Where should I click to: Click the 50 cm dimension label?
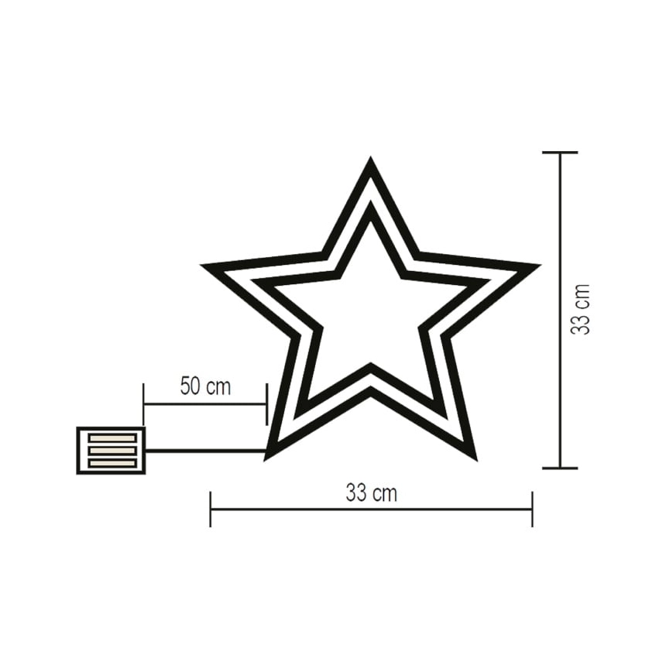tap(205, 386)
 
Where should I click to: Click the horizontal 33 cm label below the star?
tap(371, 493)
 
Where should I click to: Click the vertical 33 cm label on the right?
tap(581, 309)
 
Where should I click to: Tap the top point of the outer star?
tap(370, 163)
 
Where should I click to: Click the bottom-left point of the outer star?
tap(268, 455)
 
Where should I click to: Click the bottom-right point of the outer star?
tap(473, 455)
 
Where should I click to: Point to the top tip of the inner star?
tap(371, 208)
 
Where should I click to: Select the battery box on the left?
tap(111, 450)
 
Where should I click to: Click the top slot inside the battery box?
tap(112, 438)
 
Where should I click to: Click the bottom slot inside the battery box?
tap(112, 463)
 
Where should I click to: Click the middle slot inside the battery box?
tap(112, 451)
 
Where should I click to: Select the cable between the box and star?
tap(205, 450)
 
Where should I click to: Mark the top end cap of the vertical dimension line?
tap(560, 153)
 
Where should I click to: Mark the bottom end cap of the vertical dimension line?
tap(560, 468)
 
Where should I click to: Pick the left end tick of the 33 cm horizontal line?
tap(211, 509)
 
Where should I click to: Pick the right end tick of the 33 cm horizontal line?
tap(532, 509)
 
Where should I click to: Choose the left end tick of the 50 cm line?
tap(144, 403)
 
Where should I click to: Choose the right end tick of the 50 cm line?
tap(266, 403)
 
